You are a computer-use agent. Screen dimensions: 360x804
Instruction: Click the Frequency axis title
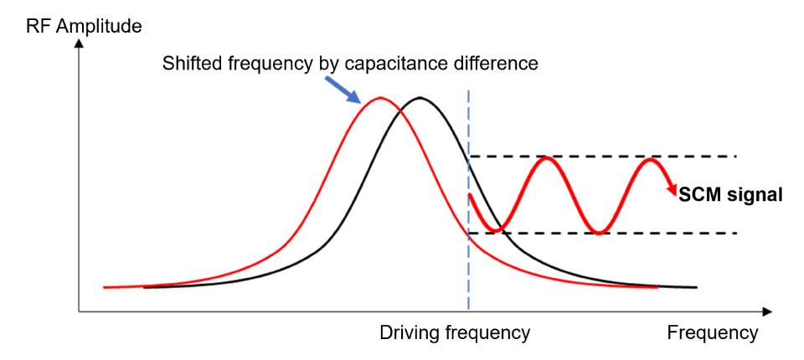coord(712,332)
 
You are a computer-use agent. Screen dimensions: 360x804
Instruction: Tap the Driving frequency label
coord(455,332)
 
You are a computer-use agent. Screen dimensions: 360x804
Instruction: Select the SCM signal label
coord(731,194)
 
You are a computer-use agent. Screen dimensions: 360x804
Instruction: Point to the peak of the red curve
coord(381,98)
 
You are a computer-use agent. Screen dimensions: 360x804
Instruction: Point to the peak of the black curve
coord(420,98)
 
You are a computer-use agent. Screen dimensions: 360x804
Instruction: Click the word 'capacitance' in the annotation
coord(403,63)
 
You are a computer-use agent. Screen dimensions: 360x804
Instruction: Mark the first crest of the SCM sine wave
coord(547,157)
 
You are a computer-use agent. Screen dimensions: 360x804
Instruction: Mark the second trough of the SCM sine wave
coord(598,232)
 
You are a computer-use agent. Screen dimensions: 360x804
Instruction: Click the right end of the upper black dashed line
coord(735,157)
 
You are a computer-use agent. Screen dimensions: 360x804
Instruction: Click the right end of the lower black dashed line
coord(735,233)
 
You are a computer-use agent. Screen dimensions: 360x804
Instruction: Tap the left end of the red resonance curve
coord(105,287)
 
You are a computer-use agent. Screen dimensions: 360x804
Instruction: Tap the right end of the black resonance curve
coord(696,287)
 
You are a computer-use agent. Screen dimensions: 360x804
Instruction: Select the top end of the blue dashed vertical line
coord(468,90)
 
